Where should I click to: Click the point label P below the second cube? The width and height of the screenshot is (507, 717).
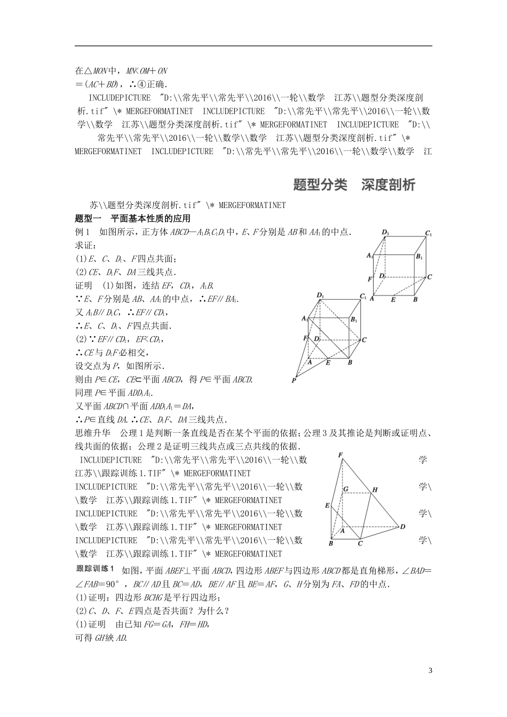[294, 380]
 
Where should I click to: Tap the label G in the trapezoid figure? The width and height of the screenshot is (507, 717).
[346, 489]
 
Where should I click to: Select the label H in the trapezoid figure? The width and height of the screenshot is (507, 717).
[375, 489]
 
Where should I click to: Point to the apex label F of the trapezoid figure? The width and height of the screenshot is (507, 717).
[340, 455]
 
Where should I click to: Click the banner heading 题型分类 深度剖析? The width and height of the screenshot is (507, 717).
[354, 185]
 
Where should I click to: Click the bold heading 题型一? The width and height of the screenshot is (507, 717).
[89, 218]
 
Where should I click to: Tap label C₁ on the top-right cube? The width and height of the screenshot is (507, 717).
[428, 233]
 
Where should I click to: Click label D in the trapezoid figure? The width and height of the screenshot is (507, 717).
[402, 527]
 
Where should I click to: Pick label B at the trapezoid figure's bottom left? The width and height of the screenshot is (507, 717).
[331, 543]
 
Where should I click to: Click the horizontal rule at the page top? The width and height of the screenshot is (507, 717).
[253, 46]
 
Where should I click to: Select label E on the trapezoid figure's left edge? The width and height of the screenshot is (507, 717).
[327, 505]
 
